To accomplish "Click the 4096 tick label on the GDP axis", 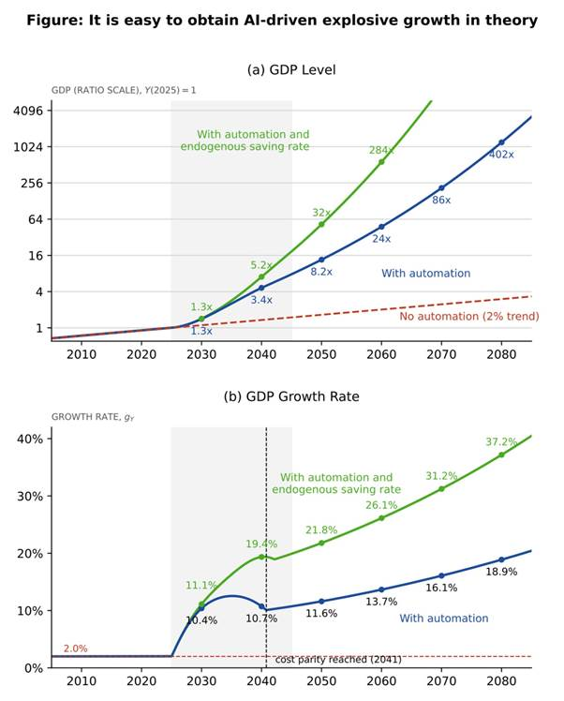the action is point(28,111).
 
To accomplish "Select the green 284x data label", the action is point(381,150).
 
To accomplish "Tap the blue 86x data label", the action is point(441,200).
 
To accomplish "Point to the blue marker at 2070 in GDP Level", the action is point(441,188).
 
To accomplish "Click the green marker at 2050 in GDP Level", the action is point(321,224).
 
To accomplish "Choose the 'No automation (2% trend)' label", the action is point(469,317).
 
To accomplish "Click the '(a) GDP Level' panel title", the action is point(291,69).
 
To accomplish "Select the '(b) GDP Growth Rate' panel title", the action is point(291,396).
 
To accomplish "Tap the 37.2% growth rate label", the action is point(501,442).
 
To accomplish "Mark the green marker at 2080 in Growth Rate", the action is point(501,455).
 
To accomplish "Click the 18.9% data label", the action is point(501,572).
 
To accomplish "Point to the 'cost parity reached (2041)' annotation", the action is point(338,660).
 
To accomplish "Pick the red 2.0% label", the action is point(75,649).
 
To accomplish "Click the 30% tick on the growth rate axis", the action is point(30,497).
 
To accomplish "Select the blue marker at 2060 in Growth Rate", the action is point(381,589).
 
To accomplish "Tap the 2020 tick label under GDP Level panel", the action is point(141,354).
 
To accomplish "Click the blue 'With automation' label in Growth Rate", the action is point(444,619).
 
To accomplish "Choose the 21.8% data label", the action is point(321,530).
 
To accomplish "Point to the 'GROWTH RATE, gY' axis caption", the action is point(93,417).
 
